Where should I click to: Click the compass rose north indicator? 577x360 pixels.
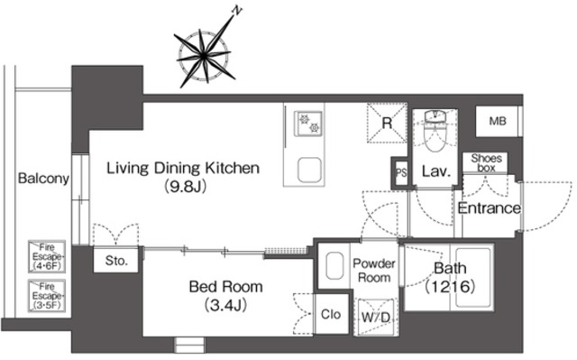point(204,56)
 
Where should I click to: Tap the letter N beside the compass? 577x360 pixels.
point(237,11)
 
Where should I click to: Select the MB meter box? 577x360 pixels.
point(498,121)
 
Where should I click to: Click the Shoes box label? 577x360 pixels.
point(486,163)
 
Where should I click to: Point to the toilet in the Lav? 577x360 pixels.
point(436,131)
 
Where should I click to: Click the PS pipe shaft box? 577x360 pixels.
point(401,172)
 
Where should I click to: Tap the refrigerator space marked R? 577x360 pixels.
point(387,123)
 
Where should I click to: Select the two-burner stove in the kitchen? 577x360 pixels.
point(308,124)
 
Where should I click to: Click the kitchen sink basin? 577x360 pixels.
point(310,170)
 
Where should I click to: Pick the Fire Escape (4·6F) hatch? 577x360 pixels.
point(47,256)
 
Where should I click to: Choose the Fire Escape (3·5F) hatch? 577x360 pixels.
point(47,296)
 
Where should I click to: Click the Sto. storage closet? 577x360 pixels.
point(116,260)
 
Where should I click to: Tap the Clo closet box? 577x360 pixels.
point(331,314)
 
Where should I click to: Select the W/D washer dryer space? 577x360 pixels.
point(375,317)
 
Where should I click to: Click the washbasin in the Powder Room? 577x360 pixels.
point(334,266)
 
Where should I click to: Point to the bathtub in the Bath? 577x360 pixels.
point(473,277)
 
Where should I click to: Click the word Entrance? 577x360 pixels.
point(490,208)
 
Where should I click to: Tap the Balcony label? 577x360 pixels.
point(43,178)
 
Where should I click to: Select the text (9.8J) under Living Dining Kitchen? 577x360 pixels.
point(185,187)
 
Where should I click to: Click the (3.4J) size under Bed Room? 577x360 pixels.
point(225,305)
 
